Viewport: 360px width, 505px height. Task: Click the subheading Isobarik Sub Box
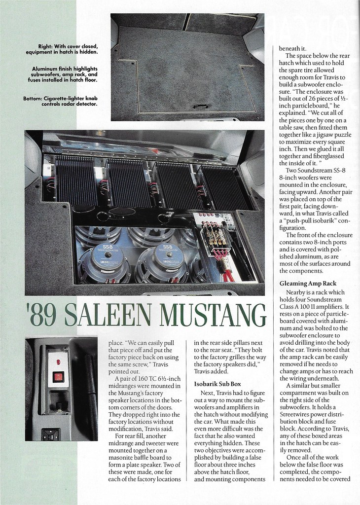[x=217, y=383]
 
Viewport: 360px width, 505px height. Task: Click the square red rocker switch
[x=58, y=377]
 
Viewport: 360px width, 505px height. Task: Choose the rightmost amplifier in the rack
[x=224, y=186]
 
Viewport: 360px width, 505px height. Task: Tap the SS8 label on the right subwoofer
[x=167, y=247]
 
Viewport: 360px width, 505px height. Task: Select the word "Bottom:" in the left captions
[x=35, y=98]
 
